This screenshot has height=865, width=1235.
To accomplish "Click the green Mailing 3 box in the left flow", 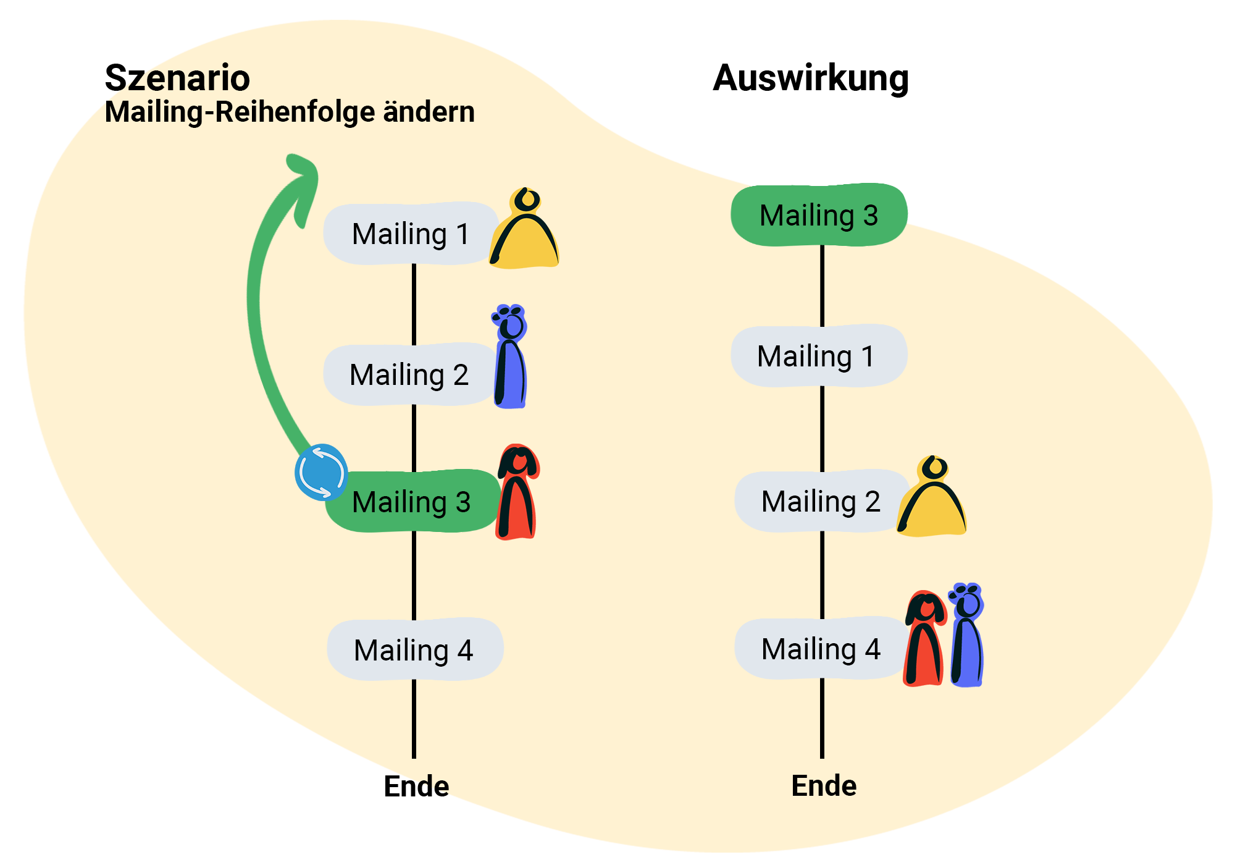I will click(x=412, y=501).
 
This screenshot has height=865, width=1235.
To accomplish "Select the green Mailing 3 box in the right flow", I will click(x=819, y=215).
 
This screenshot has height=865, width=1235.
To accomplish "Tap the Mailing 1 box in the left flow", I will click(x=411, y=234).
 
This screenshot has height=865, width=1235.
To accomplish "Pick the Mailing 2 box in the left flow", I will click(x=409, y=374).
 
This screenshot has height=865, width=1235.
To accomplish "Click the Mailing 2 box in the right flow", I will click(x=820, y=501).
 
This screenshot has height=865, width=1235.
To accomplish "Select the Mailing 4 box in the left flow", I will click(x=414, y=650).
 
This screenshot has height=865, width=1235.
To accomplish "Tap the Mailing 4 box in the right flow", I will click(x=820, y=649).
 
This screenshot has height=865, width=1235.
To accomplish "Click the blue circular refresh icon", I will click(x=321, y=472).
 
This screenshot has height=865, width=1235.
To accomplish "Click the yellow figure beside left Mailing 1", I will click(x=525, y=232).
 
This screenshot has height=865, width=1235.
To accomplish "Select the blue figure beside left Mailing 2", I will click(x=511, y=358).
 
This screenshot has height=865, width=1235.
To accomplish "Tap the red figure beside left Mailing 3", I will click(x=517, y=492).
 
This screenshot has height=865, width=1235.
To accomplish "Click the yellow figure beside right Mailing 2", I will click(x=932, y=499).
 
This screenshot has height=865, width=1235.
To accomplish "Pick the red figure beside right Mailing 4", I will click(x=924, y=639).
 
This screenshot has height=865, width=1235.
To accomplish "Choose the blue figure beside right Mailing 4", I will click(x=967, y=636).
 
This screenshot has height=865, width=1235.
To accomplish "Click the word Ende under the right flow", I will click(x=824, y=786).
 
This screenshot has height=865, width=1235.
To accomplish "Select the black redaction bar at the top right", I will click(x=810, y=80).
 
